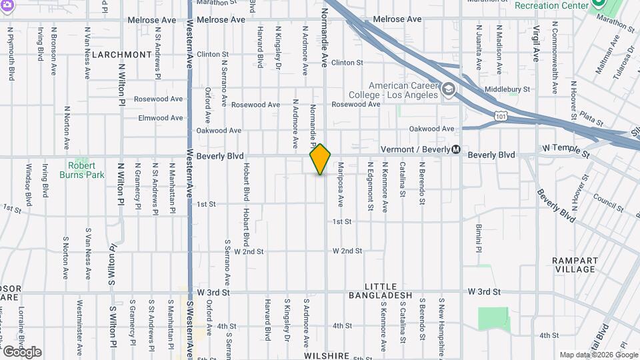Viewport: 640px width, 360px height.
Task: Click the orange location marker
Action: (320, 159)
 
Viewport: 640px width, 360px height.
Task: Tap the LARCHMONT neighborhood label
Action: (122, 54)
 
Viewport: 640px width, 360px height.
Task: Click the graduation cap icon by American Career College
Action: (449, 89)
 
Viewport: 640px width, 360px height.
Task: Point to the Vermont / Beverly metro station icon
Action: (456, 149)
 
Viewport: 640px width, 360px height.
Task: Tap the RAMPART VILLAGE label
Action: (574, 265)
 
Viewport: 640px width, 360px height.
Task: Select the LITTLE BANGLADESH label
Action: (380, 295)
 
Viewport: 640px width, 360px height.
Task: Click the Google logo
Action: (22, 352)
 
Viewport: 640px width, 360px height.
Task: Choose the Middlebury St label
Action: (507, 89)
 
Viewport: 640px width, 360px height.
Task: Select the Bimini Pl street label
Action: (479, 237)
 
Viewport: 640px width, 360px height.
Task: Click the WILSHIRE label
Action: (326, 356)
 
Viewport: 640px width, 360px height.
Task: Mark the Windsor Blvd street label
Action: (29, 185)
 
